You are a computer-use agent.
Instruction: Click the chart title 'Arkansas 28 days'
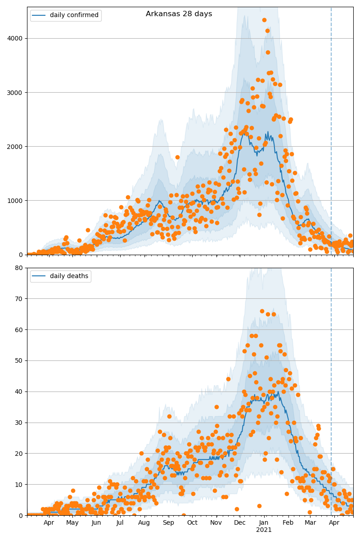179,14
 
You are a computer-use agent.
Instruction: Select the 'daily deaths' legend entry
69,276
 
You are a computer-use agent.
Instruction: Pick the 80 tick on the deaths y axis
19,268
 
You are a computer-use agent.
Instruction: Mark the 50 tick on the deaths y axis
19,360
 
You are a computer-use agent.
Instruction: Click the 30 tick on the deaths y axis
19,423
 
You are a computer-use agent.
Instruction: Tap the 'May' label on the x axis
72,523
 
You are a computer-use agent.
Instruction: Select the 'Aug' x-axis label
144,523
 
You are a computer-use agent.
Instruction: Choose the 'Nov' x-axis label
216,523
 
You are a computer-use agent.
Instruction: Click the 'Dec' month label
240,523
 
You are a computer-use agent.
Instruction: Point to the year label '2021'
264,530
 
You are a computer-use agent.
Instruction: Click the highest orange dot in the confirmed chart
264,20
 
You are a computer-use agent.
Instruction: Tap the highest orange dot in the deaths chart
262,311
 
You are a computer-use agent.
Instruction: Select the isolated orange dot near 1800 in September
177,157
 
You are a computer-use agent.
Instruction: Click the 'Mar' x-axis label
310,523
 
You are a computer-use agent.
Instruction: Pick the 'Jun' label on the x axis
96,523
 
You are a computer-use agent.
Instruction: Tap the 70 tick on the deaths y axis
19,298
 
